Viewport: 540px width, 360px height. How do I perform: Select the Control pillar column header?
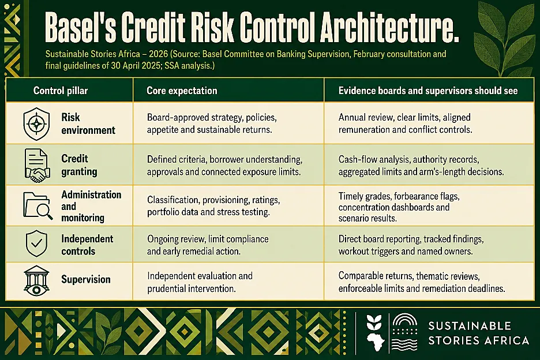click(61, 91)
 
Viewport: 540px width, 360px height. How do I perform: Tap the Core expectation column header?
click(182, 91)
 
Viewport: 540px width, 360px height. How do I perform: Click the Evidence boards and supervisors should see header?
click(428, 91)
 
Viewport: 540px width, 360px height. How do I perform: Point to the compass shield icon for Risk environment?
click(36, 123)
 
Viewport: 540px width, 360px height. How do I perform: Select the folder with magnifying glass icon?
click(38, 205)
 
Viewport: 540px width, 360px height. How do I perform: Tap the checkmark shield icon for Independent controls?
click(36, 243)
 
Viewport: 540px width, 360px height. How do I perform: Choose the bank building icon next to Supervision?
click(36, 280)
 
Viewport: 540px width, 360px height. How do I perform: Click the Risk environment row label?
click(88, 123)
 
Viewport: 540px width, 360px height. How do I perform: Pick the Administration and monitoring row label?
click(91, 206)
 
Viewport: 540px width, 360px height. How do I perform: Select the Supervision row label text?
click(86, 279)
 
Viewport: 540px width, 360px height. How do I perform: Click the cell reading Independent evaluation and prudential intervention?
click(200, 282)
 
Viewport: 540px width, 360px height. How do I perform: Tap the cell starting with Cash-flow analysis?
click(421, 166)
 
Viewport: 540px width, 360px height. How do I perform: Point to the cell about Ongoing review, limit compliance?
click(208, 245)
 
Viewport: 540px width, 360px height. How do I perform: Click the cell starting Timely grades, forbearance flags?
click(399, 207)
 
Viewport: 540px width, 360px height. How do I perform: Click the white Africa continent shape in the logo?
click(376, 341)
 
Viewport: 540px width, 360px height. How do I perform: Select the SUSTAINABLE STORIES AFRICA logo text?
click(479, 333)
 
